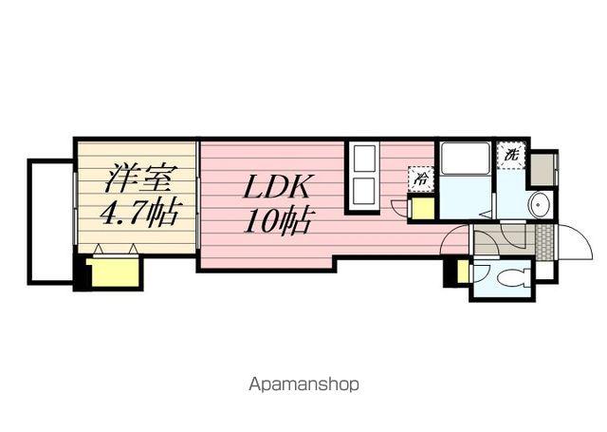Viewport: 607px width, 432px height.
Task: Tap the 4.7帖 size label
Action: (139, 212)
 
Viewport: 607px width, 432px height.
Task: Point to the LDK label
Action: (276, 186)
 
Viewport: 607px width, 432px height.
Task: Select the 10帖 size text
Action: (277, 221)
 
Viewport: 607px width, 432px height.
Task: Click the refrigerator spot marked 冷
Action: (421, 179)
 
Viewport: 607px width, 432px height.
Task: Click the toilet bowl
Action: (513, 278)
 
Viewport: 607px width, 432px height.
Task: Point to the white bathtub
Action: (466, 158)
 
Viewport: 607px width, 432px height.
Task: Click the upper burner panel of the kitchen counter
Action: (364, 158)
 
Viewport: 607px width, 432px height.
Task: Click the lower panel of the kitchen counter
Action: (364, 191)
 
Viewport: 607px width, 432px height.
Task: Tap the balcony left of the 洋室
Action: (50, 221)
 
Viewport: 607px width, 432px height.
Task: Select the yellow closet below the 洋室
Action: (114, 272)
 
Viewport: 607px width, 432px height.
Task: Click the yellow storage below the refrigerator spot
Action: (421, 209)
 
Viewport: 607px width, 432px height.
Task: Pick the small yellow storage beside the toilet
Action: (462, 272)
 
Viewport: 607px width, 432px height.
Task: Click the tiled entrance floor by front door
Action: (544, 242)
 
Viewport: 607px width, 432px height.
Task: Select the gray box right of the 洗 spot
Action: (542, 170)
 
